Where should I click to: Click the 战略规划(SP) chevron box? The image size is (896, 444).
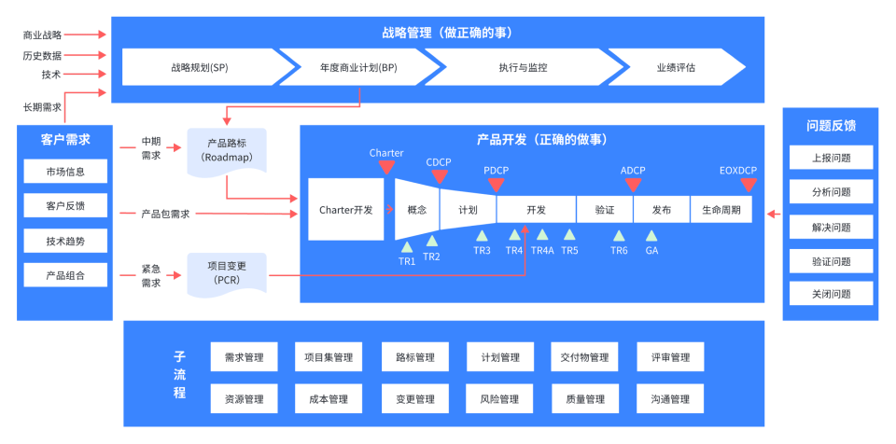200,68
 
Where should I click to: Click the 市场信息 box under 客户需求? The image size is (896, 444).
65,172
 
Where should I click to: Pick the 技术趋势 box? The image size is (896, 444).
65,242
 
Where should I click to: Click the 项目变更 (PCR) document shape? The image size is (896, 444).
227,274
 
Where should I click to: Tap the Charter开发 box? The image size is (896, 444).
345,210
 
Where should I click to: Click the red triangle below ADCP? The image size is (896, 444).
633,184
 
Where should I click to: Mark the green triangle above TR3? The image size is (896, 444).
482,236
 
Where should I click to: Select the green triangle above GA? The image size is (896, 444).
651,236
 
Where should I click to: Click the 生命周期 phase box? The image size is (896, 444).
721,210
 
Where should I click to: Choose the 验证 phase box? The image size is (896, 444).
605,210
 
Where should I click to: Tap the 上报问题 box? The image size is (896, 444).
832,158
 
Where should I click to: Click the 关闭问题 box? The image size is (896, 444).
832,294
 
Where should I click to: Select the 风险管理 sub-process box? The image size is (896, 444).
499,399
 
